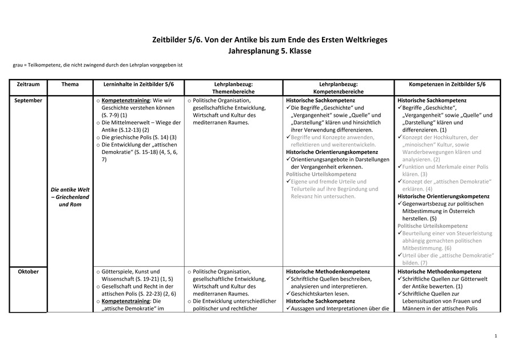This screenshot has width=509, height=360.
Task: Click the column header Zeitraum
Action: [x=29, y=84]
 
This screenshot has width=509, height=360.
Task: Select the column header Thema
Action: [x=70, y=84]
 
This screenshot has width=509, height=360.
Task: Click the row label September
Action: [x=29, y=100]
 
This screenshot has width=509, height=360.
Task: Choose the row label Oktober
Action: [x=29, y=271]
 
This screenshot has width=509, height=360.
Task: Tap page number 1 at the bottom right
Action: [x=495, y=335]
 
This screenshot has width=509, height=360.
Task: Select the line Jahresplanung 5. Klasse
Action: [x=254, y=51]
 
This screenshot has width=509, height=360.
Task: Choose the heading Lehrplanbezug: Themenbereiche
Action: [x=233, y=88]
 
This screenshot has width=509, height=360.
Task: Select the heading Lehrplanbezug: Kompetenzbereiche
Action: [x=337, y=88]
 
